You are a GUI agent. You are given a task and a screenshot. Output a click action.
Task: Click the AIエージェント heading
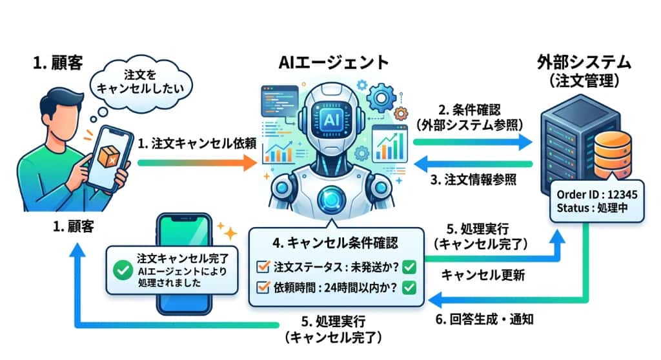[334, 63]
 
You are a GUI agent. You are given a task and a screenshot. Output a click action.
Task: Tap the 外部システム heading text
[584, 62]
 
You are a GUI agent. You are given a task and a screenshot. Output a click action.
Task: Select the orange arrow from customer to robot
[197, 163]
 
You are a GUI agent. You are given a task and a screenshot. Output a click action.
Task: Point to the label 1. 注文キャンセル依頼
[197, 144]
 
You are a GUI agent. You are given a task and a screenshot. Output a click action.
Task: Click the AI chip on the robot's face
[332, 120]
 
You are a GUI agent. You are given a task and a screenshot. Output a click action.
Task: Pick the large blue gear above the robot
[381, 98]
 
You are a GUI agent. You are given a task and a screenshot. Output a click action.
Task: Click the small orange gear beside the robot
[400, 114]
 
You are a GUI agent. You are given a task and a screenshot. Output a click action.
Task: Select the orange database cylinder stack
[613, 155]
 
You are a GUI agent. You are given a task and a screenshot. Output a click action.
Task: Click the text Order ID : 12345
[596, 194]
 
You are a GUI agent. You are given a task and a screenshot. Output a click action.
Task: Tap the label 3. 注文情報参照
[473, 180]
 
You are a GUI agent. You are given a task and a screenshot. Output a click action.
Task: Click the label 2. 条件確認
[469, 110]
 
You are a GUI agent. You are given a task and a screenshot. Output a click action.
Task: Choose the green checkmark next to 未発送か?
[409, 267]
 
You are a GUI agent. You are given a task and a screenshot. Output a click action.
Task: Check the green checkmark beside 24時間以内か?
[409, 288]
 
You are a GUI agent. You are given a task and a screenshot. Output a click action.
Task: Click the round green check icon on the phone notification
[123, 270]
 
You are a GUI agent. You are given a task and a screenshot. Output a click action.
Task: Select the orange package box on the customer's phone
[108, 156]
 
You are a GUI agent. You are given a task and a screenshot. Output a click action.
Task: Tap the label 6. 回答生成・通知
[484, 319]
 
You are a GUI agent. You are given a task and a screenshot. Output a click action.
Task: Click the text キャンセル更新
[483, 275]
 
